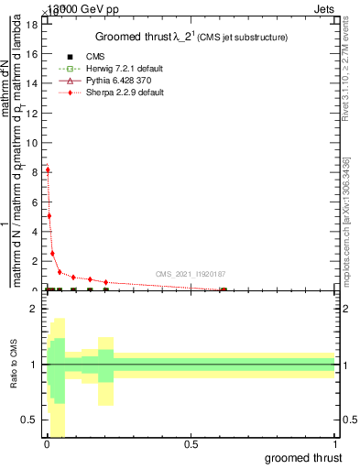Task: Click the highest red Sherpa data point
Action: point(47,169)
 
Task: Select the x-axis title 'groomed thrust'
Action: point(303,456)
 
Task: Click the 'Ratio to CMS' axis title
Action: point(14,365)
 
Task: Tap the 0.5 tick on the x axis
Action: point(191,444)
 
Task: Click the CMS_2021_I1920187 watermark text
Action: point(191,274)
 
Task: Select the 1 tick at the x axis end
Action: point(335,444)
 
